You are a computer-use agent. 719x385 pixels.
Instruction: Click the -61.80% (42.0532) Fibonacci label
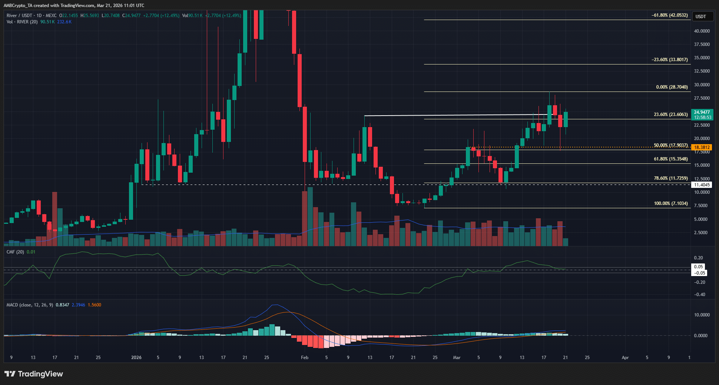(670, 15)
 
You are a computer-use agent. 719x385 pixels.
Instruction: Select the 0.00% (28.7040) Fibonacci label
(672, 87)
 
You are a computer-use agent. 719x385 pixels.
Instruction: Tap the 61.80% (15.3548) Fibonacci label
(670, 159)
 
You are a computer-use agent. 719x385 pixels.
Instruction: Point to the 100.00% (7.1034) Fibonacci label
(670, 203)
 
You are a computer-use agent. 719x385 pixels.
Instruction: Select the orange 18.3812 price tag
(702, 147)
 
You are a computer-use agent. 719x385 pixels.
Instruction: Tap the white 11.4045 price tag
(702, 185)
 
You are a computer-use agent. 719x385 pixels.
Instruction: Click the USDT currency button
(700, 16)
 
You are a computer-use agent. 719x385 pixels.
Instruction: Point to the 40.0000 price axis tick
(702, 31)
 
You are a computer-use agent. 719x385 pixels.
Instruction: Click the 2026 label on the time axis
(136, 358)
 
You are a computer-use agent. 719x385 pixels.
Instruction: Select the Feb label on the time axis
(305, 358)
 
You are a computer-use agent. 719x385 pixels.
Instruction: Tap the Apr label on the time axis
(625, 358)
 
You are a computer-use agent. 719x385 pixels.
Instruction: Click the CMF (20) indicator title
(15, 252)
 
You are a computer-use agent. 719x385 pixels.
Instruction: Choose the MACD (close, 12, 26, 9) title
(30, 305)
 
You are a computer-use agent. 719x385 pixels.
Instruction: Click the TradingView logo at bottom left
(34, 374)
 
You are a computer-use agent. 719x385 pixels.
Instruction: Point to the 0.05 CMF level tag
(698, 267)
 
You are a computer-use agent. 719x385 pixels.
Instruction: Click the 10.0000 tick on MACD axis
(702, 315)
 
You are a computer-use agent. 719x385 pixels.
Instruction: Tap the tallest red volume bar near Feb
(305, 219)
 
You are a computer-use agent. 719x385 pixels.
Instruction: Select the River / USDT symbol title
(19, 16)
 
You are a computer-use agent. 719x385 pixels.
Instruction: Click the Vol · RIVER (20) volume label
(22, 22)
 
